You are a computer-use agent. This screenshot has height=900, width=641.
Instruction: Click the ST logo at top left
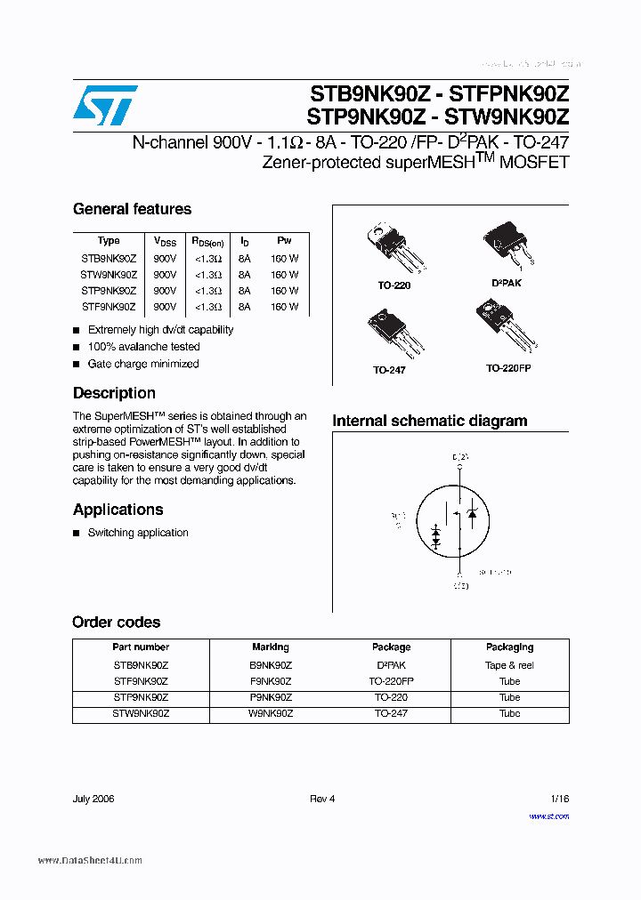[x=105, y=106]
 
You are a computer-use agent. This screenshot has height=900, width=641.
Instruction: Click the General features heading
[x=132, y=210]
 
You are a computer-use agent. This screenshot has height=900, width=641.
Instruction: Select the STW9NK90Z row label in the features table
[x=109, y=275]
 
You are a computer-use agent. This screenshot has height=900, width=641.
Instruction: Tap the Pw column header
[x=284, y=241]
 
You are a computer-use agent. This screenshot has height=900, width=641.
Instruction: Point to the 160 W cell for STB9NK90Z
[x=285, y=259]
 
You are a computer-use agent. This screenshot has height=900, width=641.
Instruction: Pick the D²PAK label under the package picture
[x=506, y=283]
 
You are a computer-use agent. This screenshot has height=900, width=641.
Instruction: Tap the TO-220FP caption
[x=507, y=367]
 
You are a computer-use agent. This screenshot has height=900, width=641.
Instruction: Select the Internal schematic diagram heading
[x=429, y=422]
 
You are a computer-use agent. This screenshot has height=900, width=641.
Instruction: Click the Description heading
[x=114, y=393]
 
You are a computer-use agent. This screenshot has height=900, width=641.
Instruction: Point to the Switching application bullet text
[x=138, y=533]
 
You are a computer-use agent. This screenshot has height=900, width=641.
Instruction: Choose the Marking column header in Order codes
[x=271, y=647]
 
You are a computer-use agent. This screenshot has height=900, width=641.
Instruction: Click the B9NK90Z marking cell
[x=271, y=665]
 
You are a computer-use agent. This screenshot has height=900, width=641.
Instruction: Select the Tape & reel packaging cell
[x=509, y=665]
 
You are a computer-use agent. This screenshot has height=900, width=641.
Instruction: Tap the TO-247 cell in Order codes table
[x=391, y=713]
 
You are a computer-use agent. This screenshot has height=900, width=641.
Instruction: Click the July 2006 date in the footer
[x=93, y=799]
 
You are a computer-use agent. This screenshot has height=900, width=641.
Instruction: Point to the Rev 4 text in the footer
[x=322, y=799]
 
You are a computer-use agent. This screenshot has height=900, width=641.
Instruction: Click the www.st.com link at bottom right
[x=548, y=816]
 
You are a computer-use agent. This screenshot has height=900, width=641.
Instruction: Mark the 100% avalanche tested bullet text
[x=143, y=347]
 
